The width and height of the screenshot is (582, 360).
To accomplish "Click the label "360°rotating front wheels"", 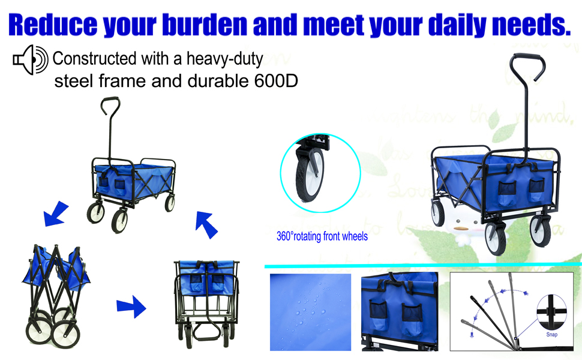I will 322,236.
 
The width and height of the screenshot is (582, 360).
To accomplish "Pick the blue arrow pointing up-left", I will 205,224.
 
